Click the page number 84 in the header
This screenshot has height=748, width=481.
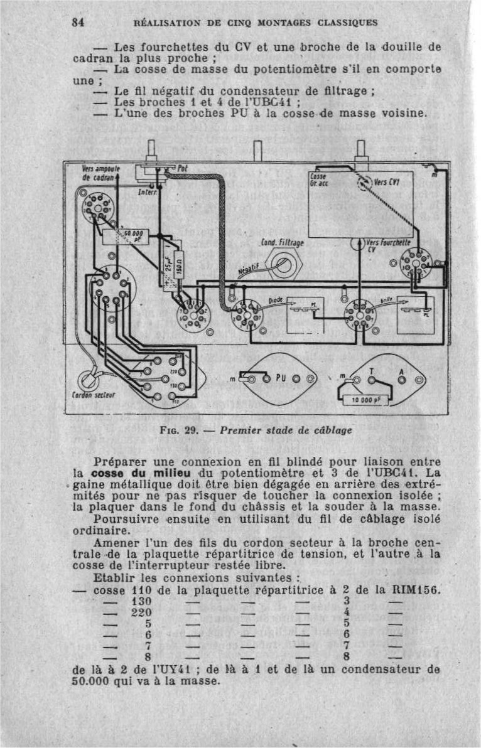pyautogui.click(x=78, y=22)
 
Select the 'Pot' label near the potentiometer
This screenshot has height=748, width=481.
pyautogui.click(x=182, y=168)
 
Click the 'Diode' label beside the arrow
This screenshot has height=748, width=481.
pyautogui.click(x=277, y=301)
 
